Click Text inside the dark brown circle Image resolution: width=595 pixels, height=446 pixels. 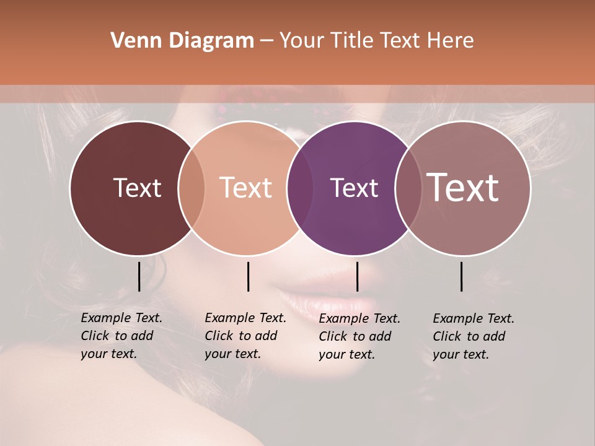[x=137, y=188]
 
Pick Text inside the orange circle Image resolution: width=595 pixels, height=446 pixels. [x=245, y=188]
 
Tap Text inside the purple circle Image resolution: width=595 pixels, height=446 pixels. [x=354, y=188]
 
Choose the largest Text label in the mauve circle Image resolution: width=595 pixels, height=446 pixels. [x=462, y=188]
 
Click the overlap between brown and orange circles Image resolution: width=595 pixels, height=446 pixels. [x=191, y=188]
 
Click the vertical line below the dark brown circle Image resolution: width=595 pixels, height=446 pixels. [x=139, y=276]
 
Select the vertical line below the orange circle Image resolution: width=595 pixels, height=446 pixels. [x=248, y=276]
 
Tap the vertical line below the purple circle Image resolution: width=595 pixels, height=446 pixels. [x=357, y=276]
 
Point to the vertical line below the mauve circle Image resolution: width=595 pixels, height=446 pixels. [x=462, y=276]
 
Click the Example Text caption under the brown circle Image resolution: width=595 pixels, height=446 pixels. [x=121, y=336]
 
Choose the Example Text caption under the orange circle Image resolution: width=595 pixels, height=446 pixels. [x=245, y=336]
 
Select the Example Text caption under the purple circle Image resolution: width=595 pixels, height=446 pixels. [x=359, y=336]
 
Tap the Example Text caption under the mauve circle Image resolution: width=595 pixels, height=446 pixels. [x=473, y=336]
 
